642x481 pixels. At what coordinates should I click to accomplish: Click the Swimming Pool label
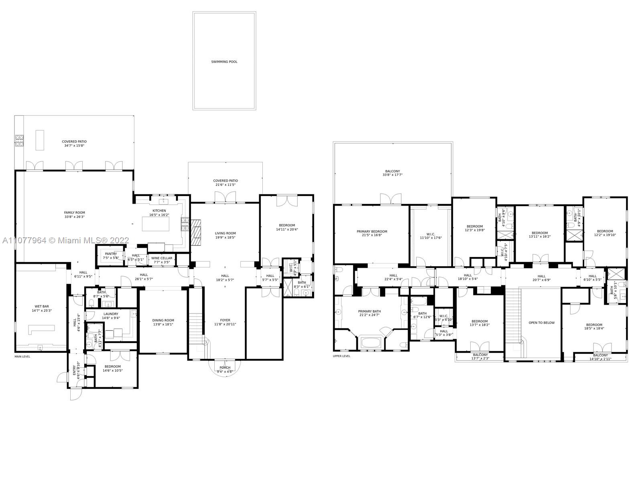(224, 62)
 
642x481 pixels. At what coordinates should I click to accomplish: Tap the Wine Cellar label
(162, 258)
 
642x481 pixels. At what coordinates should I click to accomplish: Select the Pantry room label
(111, 254)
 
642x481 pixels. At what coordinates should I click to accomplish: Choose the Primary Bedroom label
(372, 231)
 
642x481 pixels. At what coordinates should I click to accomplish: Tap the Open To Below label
(541, 323)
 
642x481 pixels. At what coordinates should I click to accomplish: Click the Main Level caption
(22, 356)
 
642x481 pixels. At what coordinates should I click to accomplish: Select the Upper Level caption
(341, 356)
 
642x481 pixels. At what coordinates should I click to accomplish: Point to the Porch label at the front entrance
(225, 368)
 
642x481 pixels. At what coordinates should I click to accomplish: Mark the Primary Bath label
(370, 311)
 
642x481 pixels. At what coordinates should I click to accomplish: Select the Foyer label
(225, 320)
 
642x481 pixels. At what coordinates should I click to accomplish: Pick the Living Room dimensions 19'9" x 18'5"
(225, 237)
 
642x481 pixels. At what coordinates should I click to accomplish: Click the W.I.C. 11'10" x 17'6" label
(431, 238)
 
